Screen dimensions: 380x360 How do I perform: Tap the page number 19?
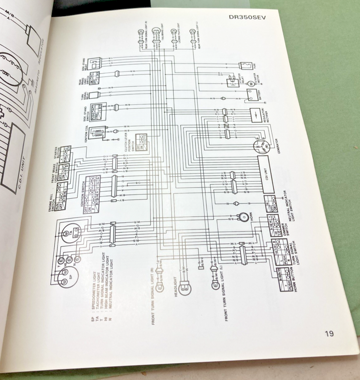pyautogui.click(x=329, y=334)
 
